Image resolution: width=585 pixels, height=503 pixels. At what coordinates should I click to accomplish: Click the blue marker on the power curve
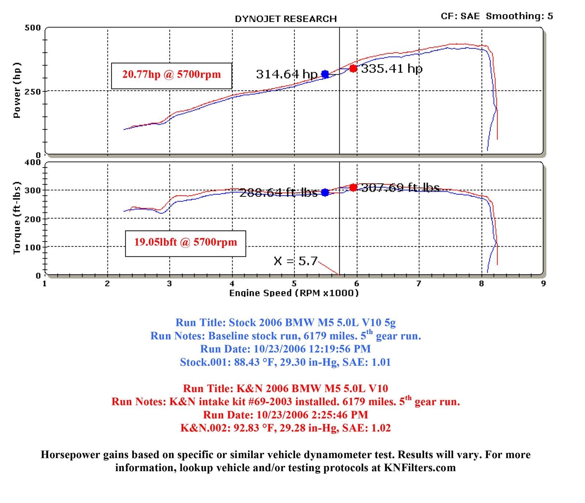pyautogui.click(x=325, y=74)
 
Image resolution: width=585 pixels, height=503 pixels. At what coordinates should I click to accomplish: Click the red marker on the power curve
pyautogui.click(x=353, y=68)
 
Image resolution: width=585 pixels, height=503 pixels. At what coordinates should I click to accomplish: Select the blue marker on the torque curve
pyautogui.click(x=325, y=192)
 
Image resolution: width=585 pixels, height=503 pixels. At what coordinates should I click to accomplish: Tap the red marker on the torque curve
pyautogui.click(x=353, y=188)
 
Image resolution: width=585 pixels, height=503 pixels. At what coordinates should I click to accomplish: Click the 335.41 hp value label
pyautogui.click(x=392, y=68)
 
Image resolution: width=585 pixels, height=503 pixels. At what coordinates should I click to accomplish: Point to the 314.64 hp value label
pyautogui.click(x=287, y=74)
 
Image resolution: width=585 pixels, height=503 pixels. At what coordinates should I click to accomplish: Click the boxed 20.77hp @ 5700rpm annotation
pyautogui.click(x=171, y=75)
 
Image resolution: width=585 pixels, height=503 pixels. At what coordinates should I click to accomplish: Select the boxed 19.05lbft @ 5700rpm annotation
pyautogui.click(x=185, y=242)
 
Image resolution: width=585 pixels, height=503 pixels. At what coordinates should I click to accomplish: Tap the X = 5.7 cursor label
pyautogui.click(x=295, y=261)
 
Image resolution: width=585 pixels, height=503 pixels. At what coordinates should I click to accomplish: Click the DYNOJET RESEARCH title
pyautogui.click(x=286, y=19)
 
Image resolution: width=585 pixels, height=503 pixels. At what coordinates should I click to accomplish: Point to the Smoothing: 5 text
pyautogui.click(x=519, y=16)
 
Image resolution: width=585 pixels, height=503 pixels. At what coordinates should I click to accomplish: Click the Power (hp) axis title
pyautogui.click(x=17, y=90)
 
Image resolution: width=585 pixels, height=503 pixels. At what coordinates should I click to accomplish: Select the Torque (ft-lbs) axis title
pyautogui.click(x=17, y=218)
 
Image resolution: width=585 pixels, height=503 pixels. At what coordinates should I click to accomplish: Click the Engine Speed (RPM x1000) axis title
pyautogui.click(x=294, y=293)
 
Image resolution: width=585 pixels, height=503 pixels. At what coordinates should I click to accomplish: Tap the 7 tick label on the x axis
pyautogui.click(x=419, y=284)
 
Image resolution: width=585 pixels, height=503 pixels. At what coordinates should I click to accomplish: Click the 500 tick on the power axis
pyautogui.click(x=33, y=28)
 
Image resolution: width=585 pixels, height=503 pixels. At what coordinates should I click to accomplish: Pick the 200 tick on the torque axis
pyautogui.click(x=33, y=219)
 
